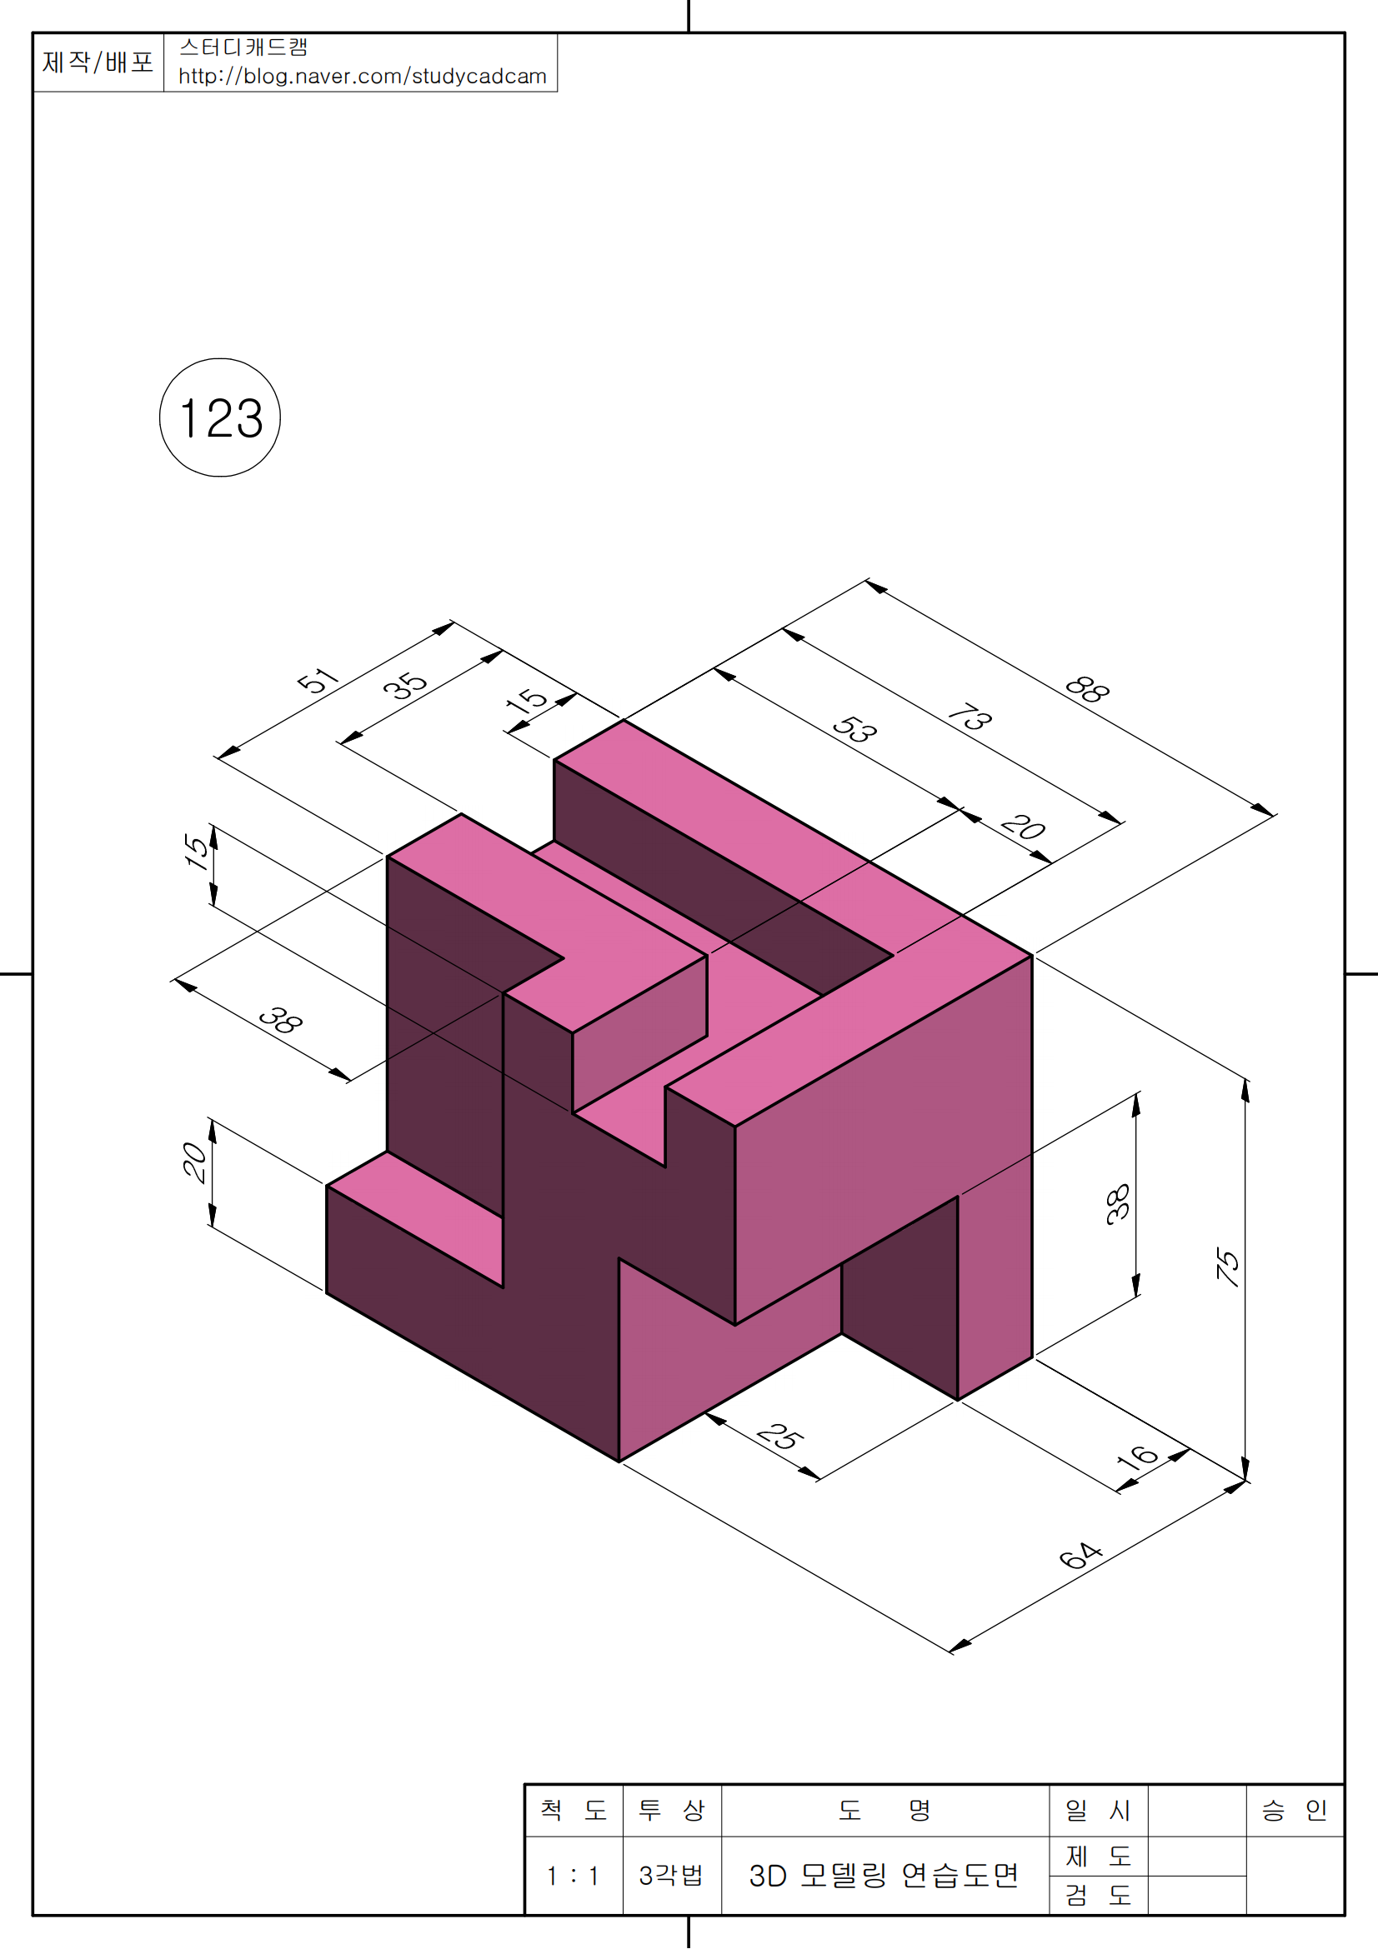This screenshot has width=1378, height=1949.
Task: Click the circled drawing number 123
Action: [220, 417]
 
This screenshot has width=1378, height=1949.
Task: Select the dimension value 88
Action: [1087, 689]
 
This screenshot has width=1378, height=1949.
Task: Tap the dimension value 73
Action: [970, 717]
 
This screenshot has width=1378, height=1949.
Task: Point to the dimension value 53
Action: [854, 729]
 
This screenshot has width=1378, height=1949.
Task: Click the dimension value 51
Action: [318, 681]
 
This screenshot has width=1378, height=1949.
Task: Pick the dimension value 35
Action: [405, 685]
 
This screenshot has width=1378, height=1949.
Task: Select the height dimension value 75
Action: [1229, 1267]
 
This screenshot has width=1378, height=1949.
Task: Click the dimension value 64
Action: [1080, 1554]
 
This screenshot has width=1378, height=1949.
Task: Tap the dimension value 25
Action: [780, 1437]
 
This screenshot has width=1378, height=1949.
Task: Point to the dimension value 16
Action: [1137, 1458]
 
